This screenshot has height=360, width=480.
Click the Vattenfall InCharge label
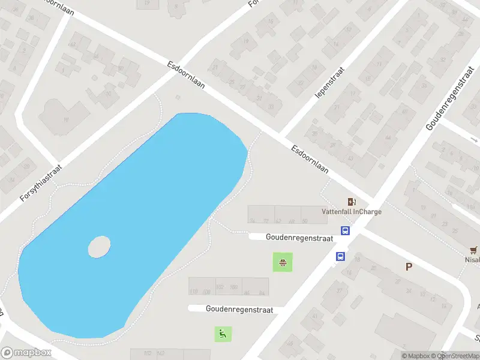[352, 211]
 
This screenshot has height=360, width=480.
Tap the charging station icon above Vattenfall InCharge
[352, 202]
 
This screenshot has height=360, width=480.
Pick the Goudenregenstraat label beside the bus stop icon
[299, 238]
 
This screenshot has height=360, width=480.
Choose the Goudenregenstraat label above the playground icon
[239, 310]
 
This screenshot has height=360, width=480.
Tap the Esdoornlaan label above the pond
[186, 75]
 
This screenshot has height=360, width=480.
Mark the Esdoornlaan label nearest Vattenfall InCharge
[310, 159]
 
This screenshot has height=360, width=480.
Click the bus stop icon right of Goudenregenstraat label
[346, 230]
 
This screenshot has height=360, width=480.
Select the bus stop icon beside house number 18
[340, 257]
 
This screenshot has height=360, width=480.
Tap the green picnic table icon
[282, 262]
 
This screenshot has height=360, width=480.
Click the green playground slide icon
[223, 334]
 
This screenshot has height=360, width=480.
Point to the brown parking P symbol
[409, 267]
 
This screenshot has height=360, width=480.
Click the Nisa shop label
[473, 260]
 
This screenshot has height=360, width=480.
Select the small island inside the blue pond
[99, 247]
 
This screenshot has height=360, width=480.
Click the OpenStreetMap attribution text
[459, 356]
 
